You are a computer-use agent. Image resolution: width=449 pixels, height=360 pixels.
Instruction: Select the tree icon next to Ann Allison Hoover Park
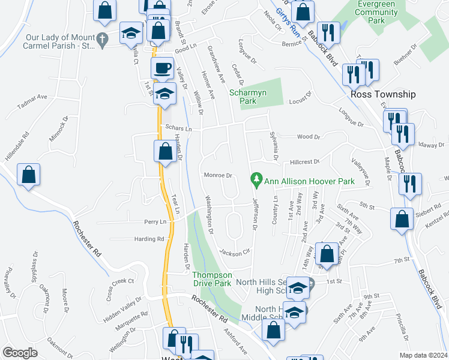click(256, 179)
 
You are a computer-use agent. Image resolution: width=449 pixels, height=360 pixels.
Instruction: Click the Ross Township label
click(383, 94)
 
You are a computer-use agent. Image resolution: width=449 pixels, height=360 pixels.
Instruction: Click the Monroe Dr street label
click(218, 175)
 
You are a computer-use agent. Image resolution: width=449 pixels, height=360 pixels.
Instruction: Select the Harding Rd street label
click(149, 239)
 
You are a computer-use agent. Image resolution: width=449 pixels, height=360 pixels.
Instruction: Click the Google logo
click(20, 353)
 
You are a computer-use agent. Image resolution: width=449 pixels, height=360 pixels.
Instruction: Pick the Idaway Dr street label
click(432, 145)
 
